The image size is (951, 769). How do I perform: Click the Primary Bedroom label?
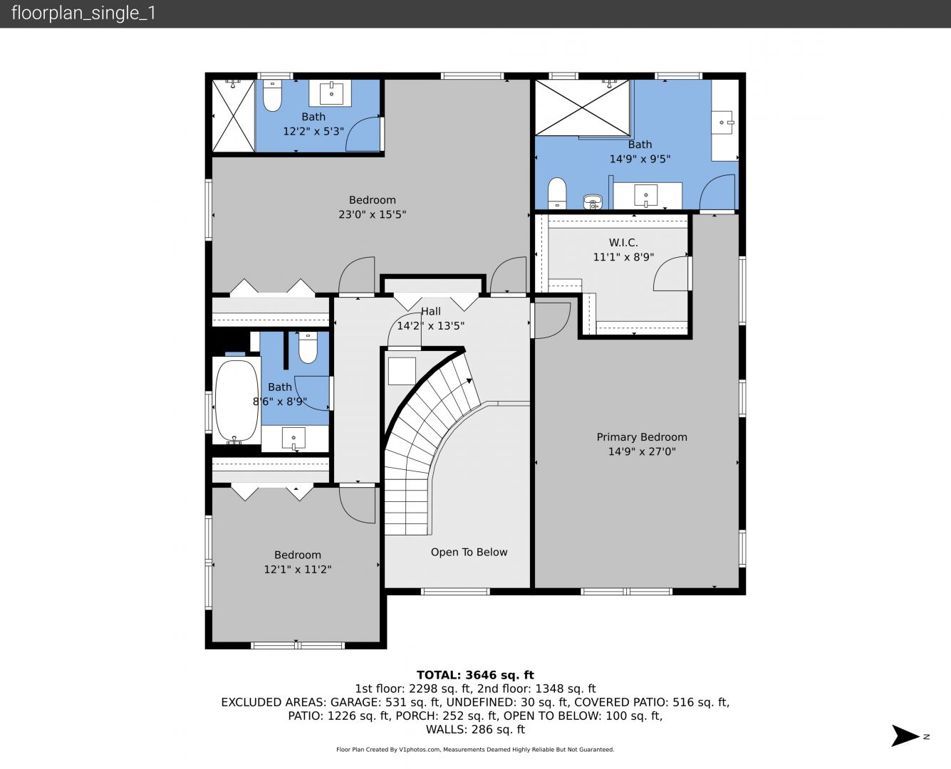pyautogui.click(x=642, y=437)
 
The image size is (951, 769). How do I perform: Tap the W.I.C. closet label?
pyautogui.click(x=623, y=242)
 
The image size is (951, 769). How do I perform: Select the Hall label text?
pyautogui.click(x=430, y=311)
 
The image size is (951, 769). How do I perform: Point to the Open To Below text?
pyautogui.click(x=469, y=552)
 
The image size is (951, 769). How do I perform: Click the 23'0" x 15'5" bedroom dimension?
pyautogui.click(x=372, y=214)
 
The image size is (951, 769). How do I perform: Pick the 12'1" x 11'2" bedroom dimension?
pyautogui.click(x=297, y=569)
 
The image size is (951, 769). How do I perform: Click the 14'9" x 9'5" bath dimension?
pyautogui.click(x=640, y=159)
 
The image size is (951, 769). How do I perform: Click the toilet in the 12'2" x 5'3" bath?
pyautogui.click(x=272, y=95)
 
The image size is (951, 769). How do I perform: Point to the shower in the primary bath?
pyautogui.click(x=582, y=108)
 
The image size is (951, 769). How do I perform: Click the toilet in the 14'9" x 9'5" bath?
pyautogui.click(x=557, y=193)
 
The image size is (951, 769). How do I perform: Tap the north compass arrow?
pyautogui.click(x=905, y=736)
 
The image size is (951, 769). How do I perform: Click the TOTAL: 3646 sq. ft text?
pyautogui.click(x=475, y=675)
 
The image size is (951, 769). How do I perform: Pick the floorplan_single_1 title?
pyautogui.click(x=83, y=14)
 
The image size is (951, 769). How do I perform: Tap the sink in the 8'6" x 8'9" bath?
pyautogui.click(x=293, y=439)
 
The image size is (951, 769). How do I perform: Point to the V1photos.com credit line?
pyautogui.click(x=475, y=749)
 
